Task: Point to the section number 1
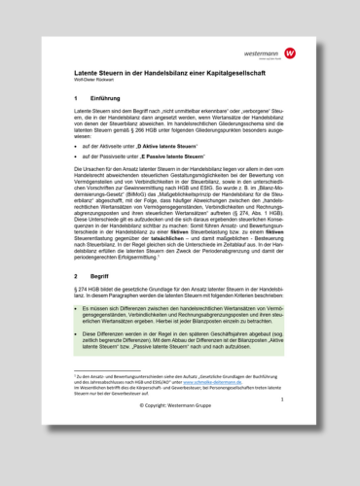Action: [76, 99]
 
